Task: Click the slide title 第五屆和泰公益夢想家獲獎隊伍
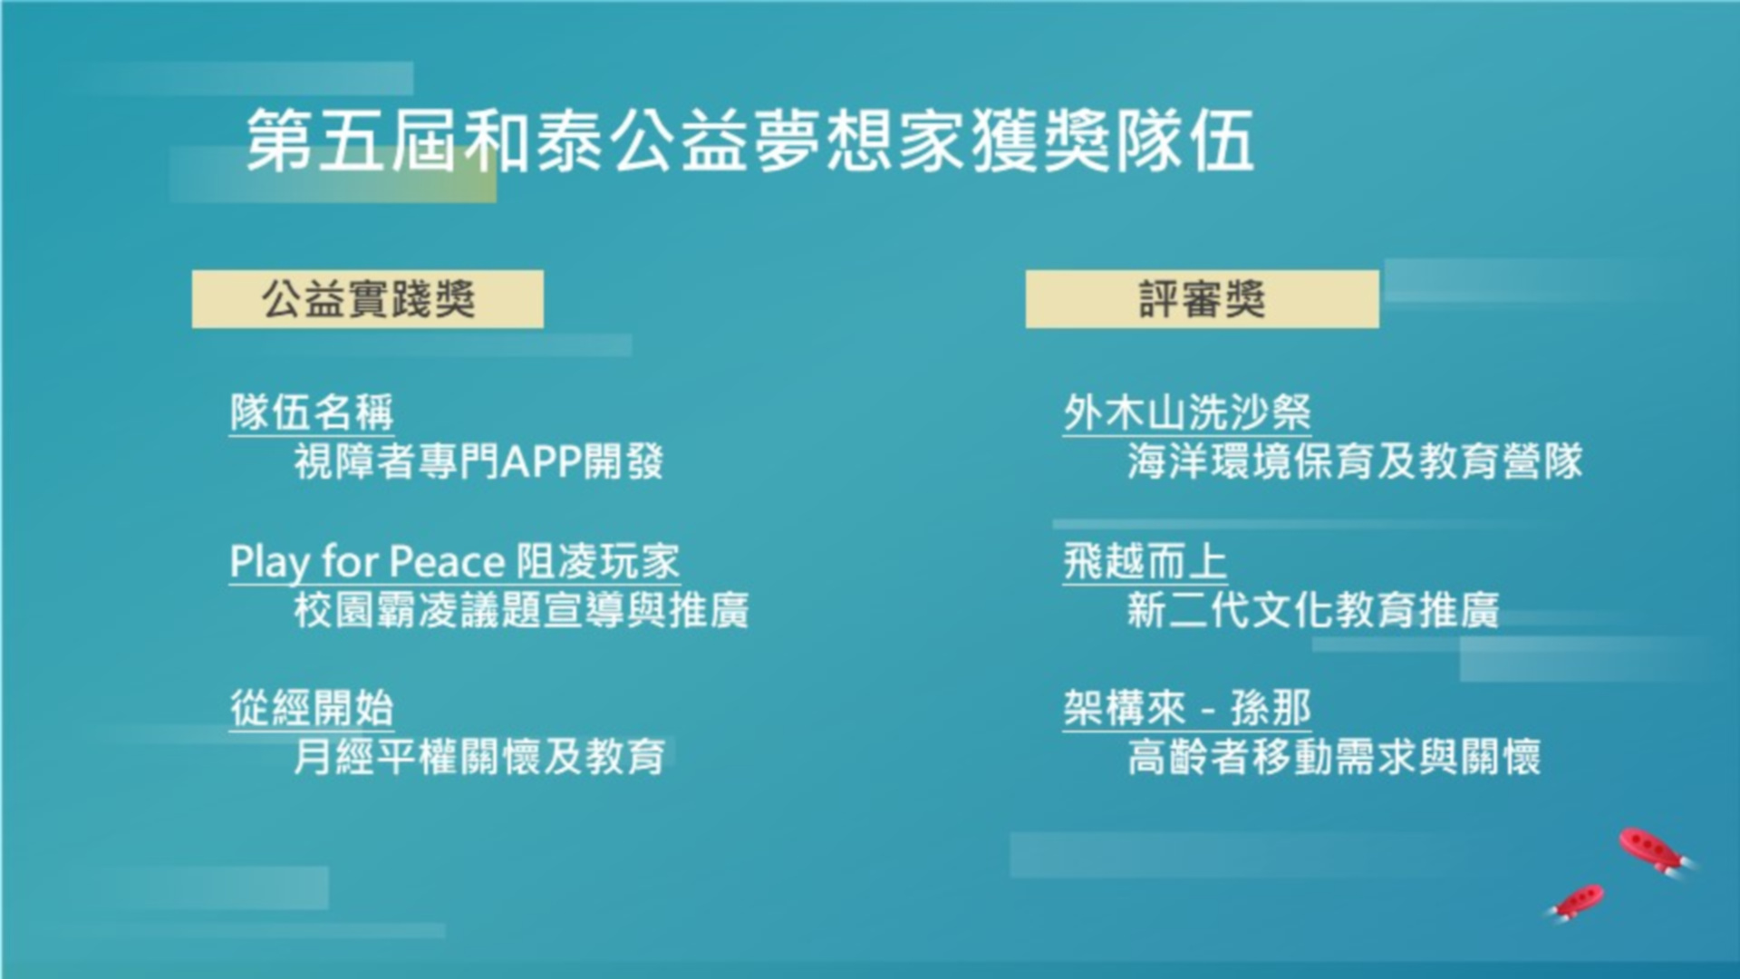pyautogui.click(x=750, y=140)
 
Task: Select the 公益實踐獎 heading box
pyautogui.click(x=368, y=299)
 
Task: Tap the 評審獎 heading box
pyautogui.click(x=1202, y=299)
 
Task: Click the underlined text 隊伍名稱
pyautogui.click(x=312, y=413)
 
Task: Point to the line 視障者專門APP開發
pyautogui.click(x=478, y=461)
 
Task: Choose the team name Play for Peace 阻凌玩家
pyautogui.click(x=455, y=562)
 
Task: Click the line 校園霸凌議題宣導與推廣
pyautogui.click(x=521, y=610)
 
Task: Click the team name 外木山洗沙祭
pyautogui.click(x=1187, y=413)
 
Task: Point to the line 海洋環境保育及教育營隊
pyautogui.click(x=1355, y=461)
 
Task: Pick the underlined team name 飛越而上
pyautogui.click(x=1145, y=562)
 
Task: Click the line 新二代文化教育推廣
pyautogui.click(x=1313, y=610)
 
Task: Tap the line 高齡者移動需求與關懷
pyautogui.click(x=1334, y=757)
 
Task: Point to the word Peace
pyautogui.click(x=447, y=562)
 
